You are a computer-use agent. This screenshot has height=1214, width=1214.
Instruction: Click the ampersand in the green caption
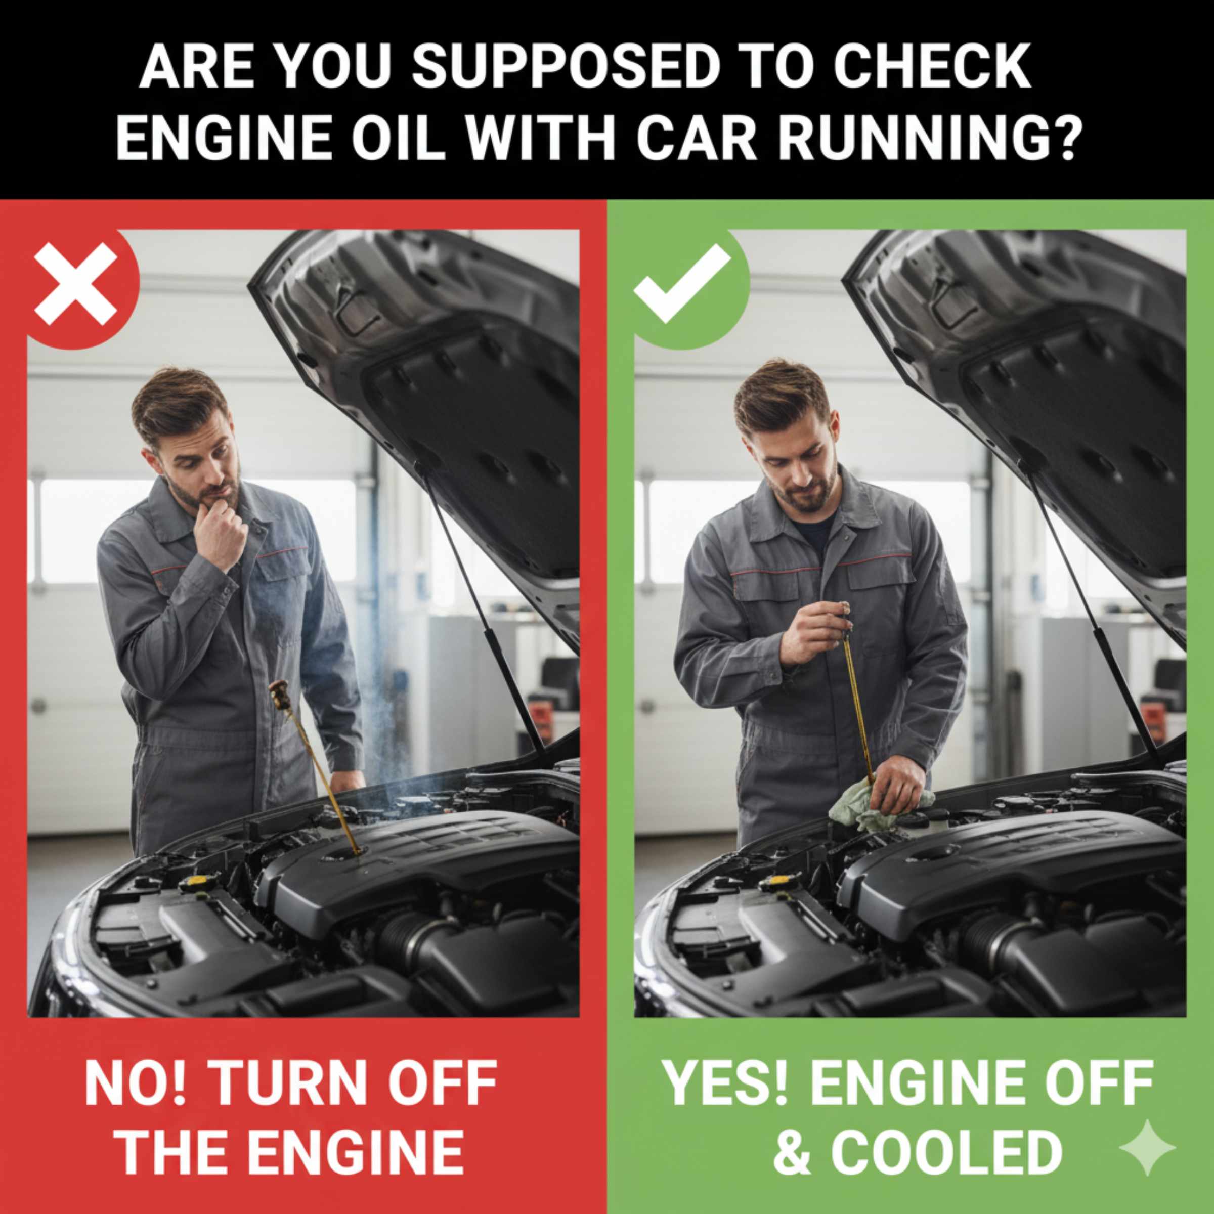click(793, 1153)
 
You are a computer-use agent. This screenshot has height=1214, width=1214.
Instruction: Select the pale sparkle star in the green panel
click(1147, 1147)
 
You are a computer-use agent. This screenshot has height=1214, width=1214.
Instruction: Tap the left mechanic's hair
click(178, 401)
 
